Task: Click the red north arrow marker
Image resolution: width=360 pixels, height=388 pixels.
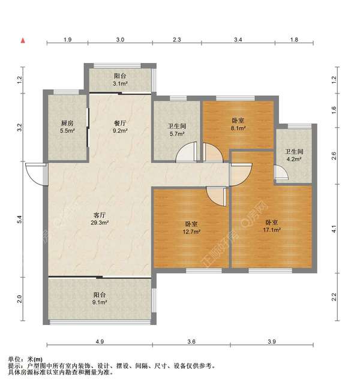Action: [23, 41]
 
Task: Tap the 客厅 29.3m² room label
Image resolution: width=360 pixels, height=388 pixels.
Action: [100, 218]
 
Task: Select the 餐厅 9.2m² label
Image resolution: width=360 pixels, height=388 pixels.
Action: [120, 127]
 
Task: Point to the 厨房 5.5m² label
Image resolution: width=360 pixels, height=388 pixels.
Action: [67, 127]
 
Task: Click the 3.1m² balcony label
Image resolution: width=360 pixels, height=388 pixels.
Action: [120, 80]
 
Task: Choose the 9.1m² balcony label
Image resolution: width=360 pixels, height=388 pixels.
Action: [100, 299]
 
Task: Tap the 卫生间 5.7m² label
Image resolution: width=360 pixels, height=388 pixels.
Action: [177, 130]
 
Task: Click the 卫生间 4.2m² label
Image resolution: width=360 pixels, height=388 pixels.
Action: [294, 155]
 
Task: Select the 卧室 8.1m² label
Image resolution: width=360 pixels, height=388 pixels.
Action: [238, 124]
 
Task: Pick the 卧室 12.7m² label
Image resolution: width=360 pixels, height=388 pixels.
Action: [191, 228]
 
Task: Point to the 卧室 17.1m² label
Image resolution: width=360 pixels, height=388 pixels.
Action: [272, 226]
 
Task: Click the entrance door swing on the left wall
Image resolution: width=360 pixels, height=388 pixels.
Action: [37, 174]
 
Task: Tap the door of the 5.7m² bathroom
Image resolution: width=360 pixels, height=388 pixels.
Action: [187, 152]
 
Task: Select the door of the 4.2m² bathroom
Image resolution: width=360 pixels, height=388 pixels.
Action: [281, 172]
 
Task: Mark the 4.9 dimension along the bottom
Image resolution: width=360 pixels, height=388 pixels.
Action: [100, 342]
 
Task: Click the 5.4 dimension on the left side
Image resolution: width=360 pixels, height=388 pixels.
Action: [20, 219]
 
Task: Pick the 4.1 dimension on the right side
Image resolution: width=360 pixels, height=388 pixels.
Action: [334, 229]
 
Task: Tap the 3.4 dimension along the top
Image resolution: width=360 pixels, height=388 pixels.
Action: [238, 40]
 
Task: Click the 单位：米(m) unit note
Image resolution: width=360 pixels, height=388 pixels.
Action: [25, 359]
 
